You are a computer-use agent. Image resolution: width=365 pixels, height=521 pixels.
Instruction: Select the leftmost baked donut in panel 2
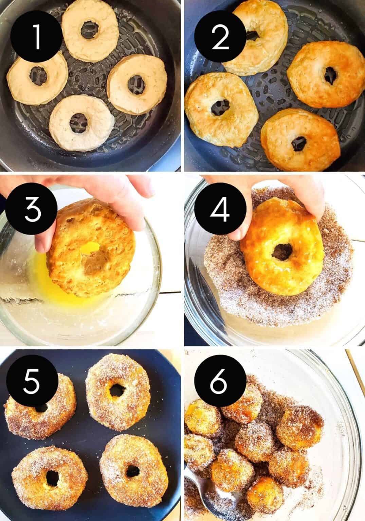tap(221, 107)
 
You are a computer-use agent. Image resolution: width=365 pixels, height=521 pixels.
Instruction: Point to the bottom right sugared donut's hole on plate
tap(132, 471)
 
